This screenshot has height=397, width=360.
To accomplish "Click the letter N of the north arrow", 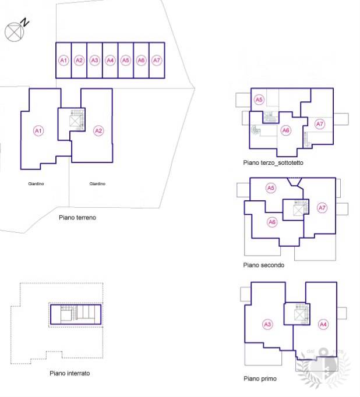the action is [25, 22].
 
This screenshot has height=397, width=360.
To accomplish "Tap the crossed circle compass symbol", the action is [15, 32].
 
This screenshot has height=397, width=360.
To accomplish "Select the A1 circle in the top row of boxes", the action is [63, 61].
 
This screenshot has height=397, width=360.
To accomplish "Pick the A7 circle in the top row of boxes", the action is [157, 61].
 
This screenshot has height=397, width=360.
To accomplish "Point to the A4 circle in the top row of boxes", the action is [110, 61].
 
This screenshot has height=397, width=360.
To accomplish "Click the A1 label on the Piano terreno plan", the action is [38, 130].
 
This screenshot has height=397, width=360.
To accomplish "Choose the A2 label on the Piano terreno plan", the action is [98, 130].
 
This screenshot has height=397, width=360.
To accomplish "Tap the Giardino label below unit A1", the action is [36, 183].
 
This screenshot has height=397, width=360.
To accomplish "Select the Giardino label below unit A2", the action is [97, 183].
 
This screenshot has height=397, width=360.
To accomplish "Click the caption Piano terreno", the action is [77, 218].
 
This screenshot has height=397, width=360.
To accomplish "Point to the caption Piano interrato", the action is [70, 373].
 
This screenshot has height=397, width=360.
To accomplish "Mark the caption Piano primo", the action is [260, 378].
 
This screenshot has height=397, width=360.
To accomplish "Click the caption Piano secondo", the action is [264, 265].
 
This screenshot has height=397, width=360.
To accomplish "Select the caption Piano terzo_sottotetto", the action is [273, 162].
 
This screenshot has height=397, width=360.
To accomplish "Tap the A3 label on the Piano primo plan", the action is [267, 324].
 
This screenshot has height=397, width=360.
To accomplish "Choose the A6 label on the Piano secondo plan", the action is [272, 222].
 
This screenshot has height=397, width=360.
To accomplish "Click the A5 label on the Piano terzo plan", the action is [259, 100].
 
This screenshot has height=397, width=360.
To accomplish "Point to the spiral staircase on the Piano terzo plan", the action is [256, 130].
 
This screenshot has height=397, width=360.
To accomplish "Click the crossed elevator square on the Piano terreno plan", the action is [75, 121].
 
